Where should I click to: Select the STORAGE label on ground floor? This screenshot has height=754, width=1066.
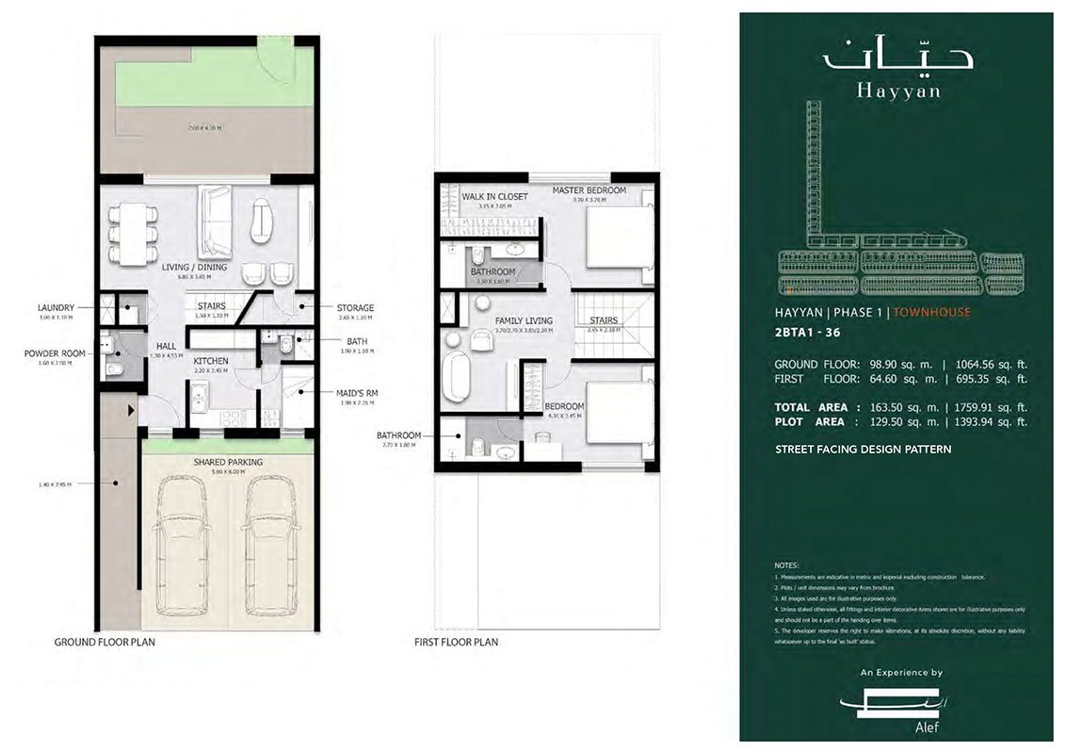click(355, 307)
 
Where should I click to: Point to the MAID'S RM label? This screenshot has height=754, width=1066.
click(358, 393)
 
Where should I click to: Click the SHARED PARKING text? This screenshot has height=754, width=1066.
click(228, 462)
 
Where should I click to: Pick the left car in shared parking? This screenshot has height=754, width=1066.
click(183, 546)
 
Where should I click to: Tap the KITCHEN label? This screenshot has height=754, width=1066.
click(211, 361)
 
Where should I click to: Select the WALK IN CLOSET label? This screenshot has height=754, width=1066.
click(494, 196)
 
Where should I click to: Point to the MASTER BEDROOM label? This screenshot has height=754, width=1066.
click(589, 190)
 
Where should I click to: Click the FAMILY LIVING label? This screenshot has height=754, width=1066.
click(523, 320)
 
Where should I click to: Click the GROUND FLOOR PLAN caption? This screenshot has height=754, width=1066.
click(105, 642)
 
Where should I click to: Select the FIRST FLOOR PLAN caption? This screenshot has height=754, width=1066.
click(456, 642)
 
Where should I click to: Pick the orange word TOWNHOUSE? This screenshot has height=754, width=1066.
click(931, 312)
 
